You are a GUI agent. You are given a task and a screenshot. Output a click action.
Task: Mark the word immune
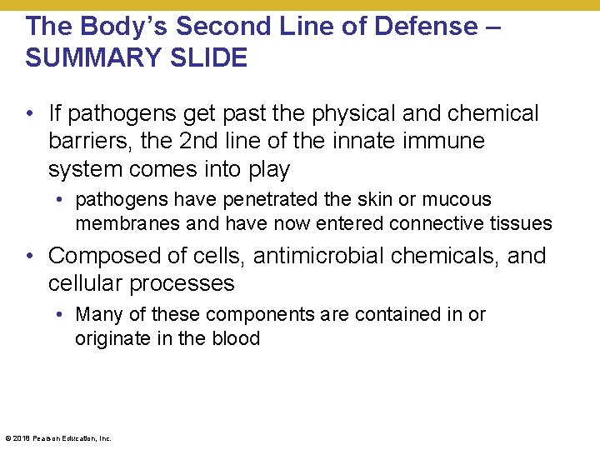pyautogui.click(x=446, y=142)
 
